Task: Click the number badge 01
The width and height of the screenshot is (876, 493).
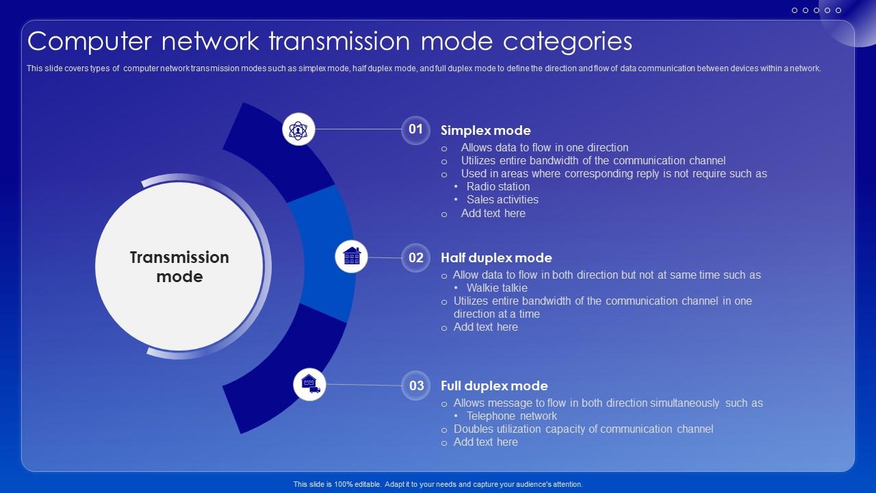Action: point(415,130)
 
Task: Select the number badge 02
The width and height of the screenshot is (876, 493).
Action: point(415,258)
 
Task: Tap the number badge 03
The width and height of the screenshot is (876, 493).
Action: point(416,385)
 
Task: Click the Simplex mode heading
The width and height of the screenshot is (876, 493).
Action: point(486,131)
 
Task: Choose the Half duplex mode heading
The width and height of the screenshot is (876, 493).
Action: point(496,258)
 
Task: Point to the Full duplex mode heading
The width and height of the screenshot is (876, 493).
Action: point(494,385)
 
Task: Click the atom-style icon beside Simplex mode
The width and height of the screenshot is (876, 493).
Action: point(298,129)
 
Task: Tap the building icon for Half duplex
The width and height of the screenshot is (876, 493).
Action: point(351,256)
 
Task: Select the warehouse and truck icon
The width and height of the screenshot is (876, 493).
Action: point(309,384)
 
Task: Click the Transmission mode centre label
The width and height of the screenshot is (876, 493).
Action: point(179,267)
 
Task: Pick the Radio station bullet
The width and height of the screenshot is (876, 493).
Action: point(498,187)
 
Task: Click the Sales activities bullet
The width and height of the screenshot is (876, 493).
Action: point(502,199)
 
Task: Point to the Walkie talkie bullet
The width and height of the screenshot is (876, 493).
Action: point(497,288)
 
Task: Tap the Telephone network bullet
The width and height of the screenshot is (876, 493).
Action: point(511,416)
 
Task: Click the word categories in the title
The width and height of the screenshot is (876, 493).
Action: point(567,42)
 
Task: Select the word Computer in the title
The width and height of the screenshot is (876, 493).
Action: point(90,42)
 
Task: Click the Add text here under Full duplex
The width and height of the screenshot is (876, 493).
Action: point(486,442)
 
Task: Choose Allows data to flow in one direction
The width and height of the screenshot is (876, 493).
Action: point(545,147)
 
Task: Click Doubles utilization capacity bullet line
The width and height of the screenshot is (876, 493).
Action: point(584,429)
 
